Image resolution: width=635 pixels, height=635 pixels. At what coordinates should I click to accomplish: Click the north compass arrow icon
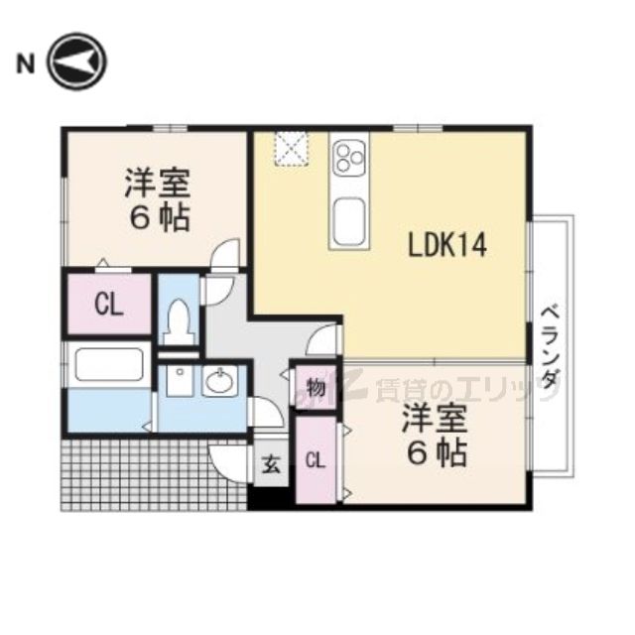coord(77,65)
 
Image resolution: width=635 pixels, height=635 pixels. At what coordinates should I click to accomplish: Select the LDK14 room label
coord(448,245)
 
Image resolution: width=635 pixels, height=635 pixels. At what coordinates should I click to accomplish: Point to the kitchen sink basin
coord(349,220)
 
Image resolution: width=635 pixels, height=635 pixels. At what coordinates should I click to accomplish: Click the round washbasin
coord(219,381)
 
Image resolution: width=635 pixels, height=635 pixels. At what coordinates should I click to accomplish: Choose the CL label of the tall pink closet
coord(315,459)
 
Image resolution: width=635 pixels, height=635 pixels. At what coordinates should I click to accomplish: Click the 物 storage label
coord(316,387)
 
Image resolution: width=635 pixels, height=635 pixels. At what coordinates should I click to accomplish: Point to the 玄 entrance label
coord(271,461)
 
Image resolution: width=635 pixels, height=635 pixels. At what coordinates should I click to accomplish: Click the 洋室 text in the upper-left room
coord(157,186)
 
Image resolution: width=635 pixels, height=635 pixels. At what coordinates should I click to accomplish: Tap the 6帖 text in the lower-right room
coord(434,454)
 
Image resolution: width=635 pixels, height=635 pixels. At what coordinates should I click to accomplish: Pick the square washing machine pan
coord(179,381)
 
